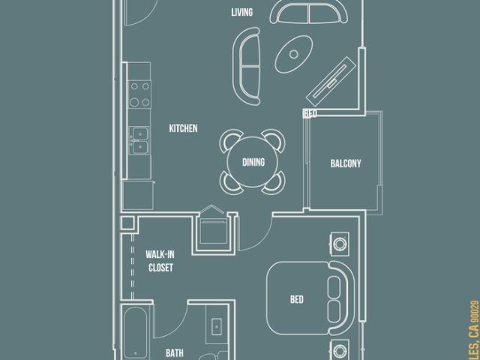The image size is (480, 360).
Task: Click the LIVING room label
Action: pos(241,13)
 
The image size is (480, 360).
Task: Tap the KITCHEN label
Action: pos(183,129)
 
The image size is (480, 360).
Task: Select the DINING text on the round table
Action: pos(253,162)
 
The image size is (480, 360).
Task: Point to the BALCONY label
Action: pos(346,163)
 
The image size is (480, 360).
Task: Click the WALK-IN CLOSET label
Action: pos(160,260)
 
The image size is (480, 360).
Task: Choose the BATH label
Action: pos(174,351)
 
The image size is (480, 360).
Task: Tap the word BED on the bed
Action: pos(296,300)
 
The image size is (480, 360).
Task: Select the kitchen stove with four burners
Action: pos(139,94)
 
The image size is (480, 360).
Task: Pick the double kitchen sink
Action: pos(139,139)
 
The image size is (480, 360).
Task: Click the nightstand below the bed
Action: pos(340,349)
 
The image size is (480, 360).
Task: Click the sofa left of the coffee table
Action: pos(247,67)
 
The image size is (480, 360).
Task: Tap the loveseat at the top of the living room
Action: pos(310,12)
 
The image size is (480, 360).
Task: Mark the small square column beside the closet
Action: pos(125,223)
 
